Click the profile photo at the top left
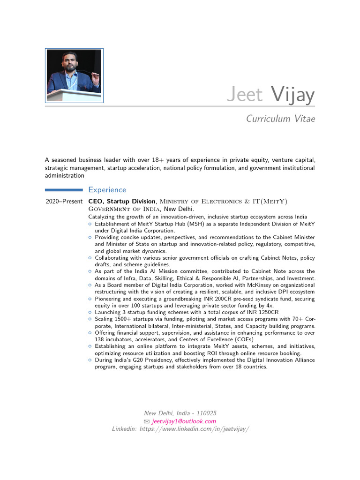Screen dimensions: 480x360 tap(74, 75)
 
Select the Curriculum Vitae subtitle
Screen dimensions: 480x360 tap(281, 119)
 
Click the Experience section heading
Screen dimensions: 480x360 tap(107, 190)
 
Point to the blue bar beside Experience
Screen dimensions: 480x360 tap(64, 190)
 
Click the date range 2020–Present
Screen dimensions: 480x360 tap(64, 202)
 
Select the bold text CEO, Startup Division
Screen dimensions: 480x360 tap(122, 202)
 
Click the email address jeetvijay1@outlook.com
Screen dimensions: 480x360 tap(184, 421)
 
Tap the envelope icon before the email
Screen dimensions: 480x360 tap(147, 421)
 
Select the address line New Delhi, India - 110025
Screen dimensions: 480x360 tap(180, 413)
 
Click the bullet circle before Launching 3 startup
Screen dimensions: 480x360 tap(90, 312)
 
